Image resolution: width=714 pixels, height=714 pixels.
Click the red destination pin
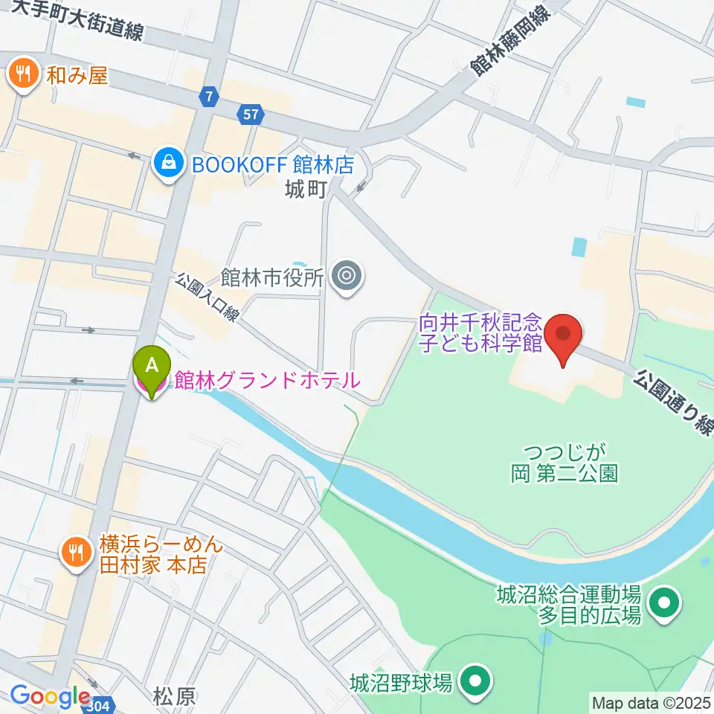tap(563, 337)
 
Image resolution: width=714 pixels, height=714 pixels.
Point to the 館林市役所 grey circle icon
tap(347, 277)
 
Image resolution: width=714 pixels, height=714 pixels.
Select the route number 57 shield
tap(251, 114)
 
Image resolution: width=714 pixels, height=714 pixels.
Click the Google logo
tap(51, 697)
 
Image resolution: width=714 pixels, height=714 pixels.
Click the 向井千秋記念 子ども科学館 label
tap(480, 332)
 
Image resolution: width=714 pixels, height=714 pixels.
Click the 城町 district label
tap(306, 190)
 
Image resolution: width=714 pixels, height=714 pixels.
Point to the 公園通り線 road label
tap(673, 402)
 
